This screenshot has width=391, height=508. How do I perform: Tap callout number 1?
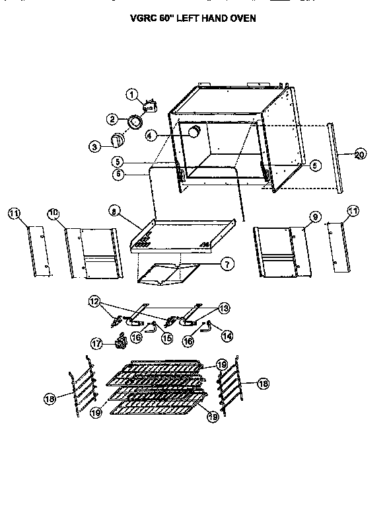coord(132,95)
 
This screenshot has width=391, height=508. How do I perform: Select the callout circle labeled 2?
coord(112,119)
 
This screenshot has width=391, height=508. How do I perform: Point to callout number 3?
coord(95,146)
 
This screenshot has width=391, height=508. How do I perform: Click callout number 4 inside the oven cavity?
coord(151,135)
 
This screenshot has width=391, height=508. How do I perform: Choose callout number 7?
coord(227,264)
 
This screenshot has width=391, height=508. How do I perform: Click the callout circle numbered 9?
coord(314,217)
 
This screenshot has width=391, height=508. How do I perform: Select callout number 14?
coord(228,336)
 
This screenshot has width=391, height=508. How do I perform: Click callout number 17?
coord(97,343)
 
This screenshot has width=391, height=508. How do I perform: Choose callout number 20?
coord(359,155)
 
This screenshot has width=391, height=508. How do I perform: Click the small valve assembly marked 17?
coord(121,343)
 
